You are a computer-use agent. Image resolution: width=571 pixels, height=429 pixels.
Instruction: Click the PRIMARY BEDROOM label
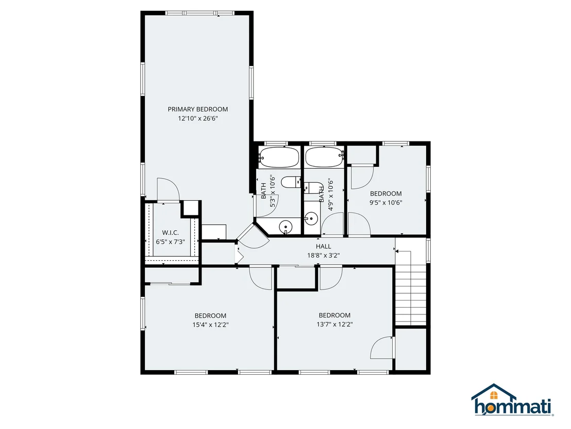198,109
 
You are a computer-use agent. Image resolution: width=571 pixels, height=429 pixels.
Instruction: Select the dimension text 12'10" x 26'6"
198,119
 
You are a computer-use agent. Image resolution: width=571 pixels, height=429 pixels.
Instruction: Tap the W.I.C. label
171,233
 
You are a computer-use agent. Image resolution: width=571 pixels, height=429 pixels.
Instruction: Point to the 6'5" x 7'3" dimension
171,242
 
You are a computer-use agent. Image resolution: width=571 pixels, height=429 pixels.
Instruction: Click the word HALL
323,247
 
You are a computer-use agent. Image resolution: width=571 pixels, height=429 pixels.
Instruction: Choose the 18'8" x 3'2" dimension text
323,256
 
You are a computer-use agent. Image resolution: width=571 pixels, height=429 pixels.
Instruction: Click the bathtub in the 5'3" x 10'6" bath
279,157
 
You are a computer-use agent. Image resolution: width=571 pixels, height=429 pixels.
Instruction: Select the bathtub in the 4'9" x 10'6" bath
325,157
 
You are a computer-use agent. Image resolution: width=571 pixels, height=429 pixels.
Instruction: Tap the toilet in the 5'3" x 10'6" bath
291,182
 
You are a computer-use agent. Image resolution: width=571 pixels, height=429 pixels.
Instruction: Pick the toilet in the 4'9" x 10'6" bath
312,187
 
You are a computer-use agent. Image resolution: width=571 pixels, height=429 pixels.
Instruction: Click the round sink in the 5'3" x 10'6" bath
285,228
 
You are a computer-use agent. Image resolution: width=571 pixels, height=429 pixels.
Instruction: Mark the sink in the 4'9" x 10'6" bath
311,219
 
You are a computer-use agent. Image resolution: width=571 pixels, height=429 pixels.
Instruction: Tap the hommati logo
513,400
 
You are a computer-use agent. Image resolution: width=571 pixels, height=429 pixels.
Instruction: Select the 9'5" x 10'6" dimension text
386,203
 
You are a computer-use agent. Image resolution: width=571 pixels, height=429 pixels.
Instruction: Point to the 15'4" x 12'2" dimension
210,325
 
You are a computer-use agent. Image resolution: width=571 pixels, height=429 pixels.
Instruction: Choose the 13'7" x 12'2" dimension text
334,324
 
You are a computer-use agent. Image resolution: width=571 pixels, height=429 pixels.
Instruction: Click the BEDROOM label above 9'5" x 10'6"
386,194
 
